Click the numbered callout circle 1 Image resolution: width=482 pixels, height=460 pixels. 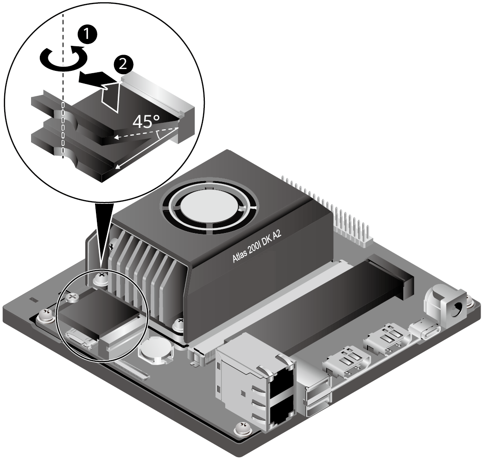point(87,34)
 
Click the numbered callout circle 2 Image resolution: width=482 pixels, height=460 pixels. point(123,64)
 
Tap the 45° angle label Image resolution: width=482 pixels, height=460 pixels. point(146,122)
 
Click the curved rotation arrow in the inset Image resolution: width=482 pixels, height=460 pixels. point(63,58)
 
